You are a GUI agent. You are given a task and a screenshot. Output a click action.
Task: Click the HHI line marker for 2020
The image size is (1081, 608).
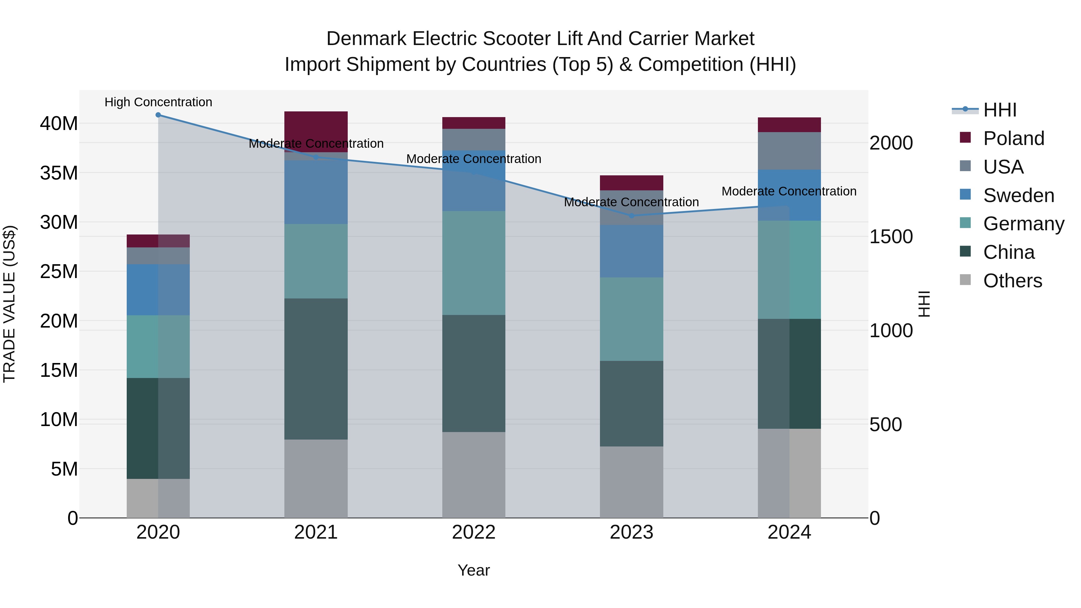158,115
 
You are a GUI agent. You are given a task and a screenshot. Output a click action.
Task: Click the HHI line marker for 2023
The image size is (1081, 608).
631,216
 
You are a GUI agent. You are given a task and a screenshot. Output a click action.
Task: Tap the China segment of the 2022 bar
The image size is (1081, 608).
474,374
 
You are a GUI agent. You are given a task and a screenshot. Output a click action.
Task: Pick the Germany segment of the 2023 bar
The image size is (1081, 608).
631,319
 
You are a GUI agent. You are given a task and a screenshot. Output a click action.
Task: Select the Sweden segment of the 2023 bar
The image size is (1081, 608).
631,251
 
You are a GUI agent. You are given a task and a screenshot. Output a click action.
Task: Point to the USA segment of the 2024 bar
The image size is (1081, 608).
789,151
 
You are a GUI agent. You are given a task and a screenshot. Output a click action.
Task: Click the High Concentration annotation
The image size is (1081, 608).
158,102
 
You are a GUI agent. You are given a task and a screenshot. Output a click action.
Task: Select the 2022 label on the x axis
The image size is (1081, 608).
474,532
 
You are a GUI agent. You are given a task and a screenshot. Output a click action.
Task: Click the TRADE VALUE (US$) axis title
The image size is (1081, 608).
9,304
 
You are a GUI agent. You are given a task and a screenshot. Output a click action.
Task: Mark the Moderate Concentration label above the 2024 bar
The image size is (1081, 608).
789,191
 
